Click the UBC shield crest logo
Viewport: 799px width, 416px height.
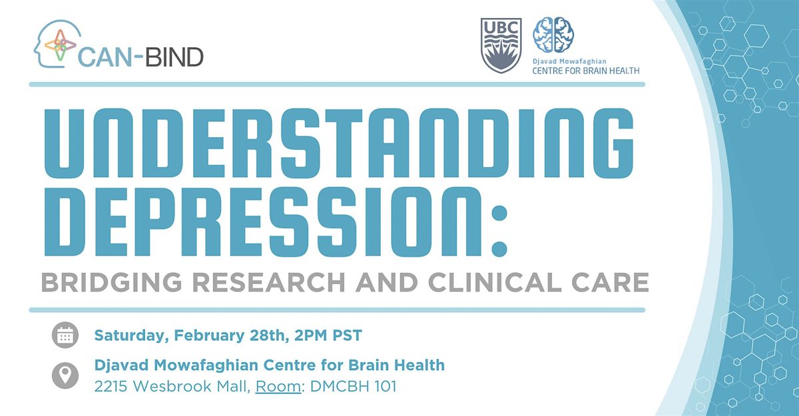click(x=501, y=46)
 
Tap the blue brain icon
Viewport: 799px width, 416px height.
click(x=553, y=34)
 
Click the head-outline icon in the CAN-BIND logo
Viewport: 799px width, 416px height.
click(x=57, y=43)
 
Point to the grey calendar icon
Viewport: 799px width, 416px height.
click(x=65, y=335)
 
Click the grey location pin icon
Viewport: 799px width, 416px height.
click(x=65, y=375)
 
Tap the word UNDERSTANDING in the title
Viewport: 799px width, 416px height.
click(x=338, y=143)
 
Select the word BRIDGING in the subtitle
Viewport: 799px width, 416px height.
click(x=112, y=282)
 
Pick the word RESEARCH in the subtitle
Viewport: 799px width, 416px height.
click(x=269, y=282)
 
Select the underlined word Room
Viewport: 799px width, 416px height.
click(x=278, y=387)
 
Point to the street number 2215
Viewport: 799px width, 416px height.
click(x=111, y=387)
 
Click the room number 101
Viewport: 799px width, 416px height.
click(x=386, y=387)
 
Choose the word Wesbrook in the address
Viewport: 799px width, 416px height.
click(x=172, y=387)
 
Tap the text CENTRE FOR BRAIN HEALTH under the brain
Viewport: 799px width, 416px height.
click(x=586, y=71)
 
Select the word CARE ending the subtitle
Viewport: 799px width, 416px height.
click(x=610, y=282)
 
